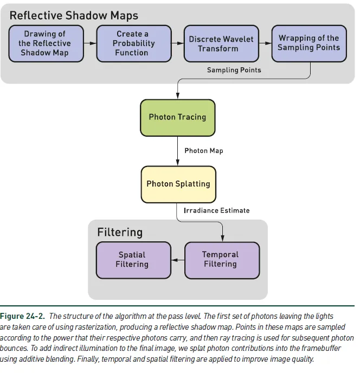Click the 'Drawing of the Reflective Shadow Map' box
(45, 43)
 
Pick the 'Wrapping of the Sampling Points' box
(308, 43)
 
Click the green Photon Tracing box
(177, 117)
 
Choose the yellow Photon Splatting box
(178, 184)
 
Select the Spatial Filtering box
(132, 260)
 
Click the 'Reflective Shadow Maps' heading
(74, 15)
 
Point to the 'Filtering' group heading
(120, 233)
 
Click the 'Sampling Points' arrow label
(234, 70)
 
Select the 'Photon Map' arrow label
(204, 150)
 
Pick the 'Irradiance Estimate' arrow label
(217, 210)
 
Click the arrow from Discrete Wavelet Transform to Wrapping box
(264, 43)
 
